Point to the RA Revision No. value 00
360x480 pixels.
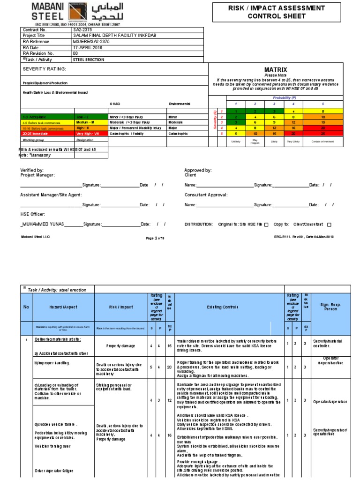(75, 53)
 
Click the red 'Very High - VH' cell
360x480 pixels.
(91, 133)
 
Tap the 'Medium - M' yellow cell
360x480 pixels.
(91, 121)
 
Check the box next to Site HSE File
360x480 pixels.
(266, 225)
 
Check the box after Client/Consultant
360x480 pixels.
(329, 225)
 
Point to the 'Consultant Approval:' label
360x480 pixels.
(206, 195)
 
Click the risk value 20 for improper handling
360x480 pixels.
(170, 366)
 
